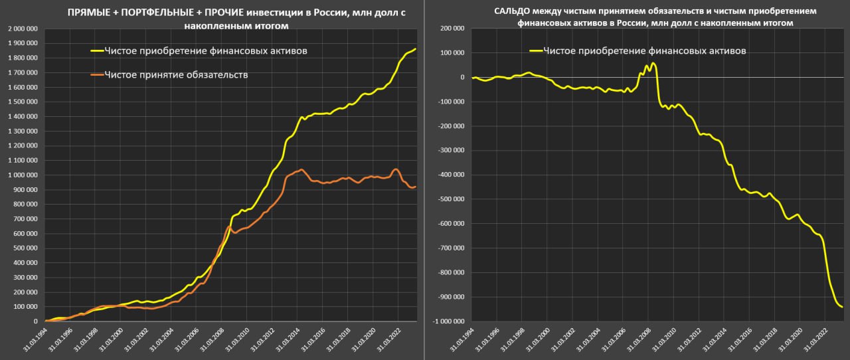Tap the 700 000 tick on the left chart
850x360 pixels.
click(25, 219)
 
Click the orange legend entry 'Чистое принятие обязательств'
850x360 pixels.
click(176, 75)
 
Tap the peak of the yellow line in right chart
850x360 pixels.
click(653, 64)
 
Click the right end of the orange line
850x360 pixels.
click(416, 187)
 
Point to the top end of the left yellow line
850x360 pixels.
click(416, 48)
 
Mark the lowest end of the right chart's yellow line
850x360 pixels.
click(842, 307)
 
